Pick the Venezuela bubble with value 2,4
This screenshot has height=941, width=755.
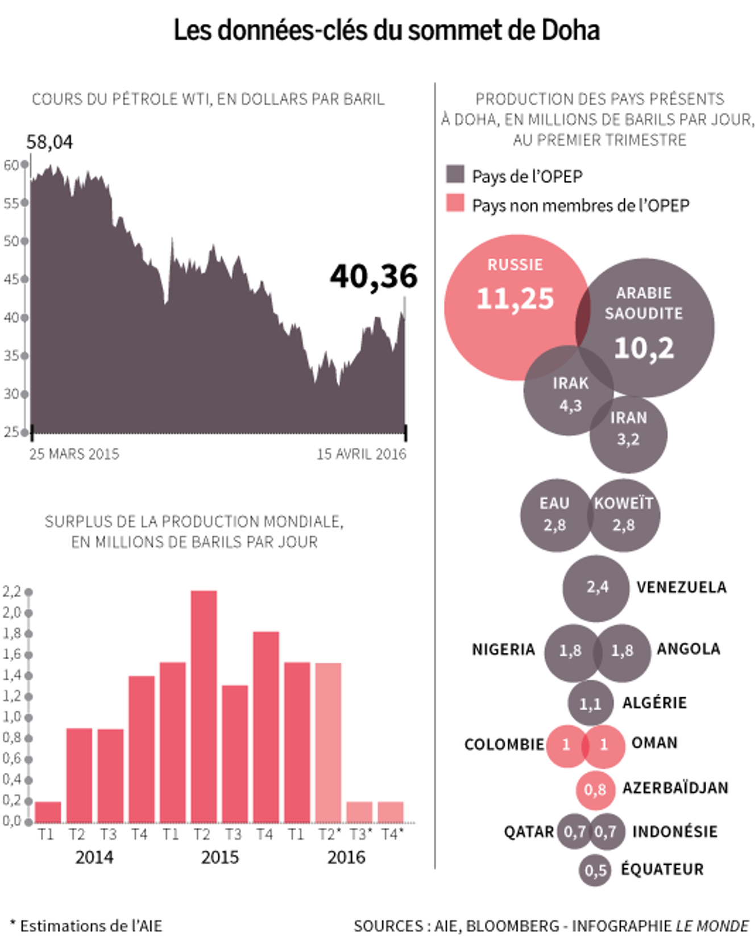pyautogui.click(x=596, y=588)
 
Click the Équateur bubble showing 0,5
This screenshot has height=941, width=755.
pyautogui.click(x=595, y=870)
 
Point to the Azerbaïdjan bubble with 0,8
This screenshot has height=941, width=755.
pyautogui.click(x=595, y=789)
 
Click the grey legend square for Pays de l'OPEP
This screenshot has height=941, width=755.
pyautogui.click(x=455, y=174)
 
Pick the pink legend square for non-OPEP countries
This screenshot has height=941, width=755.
pyautogui.click(x=455, y=203)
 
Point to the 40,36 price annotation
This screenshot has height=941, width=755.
pyautogui.click(x=374, y=277)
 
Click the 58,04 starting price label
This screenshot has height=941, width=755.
pyautogui.click(x=49, y=142)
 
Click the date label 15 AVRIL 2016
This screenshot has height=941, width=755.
pyautogui.click(x=362, y=454)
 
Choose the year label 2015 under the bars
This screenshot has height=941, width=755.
pyautogui.click(x=220, y=857)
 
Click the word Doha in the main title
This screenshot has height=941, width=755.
pyautogui.click(x=570, y=30)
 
